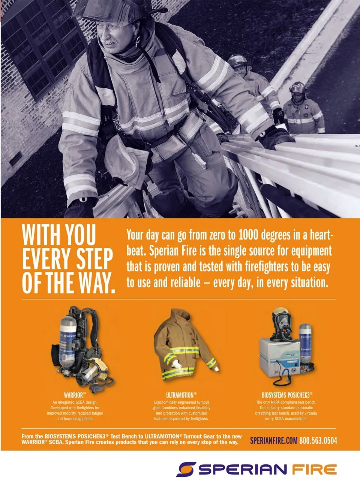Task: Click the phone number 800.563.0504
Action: click(x=318, y=440)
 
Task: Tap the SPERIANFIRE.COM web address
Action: click(x=274, y=440)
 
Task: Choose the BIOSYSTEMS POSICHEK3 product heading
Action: click(x=287, y=395)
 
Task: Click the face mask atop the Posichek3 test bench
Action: click(x=282, y=325)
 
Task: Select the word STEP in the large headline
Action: click(x=94, y=259)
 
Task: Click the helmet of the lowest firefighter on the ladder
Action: click(x=297, y=88)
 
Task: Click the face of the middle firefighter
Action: click(x=240, y=70)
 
